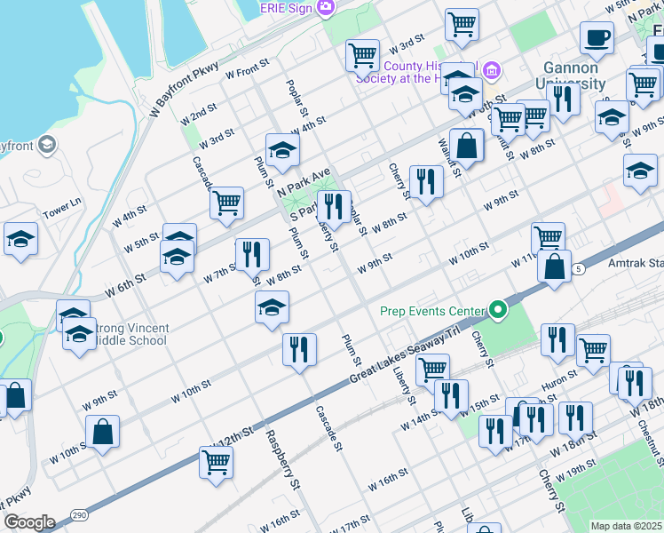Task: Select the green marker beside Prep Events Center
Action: [x=499, y=310]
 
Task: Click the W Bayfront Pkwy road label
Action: [x=184, y=89]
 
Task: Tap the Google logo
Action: [x=28, y=522]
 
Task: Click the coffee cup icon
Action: [x=597, y=37]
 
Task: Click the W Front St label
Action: [x=248, y=69]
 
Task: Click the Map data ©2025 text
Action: [x=625, y=526]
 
